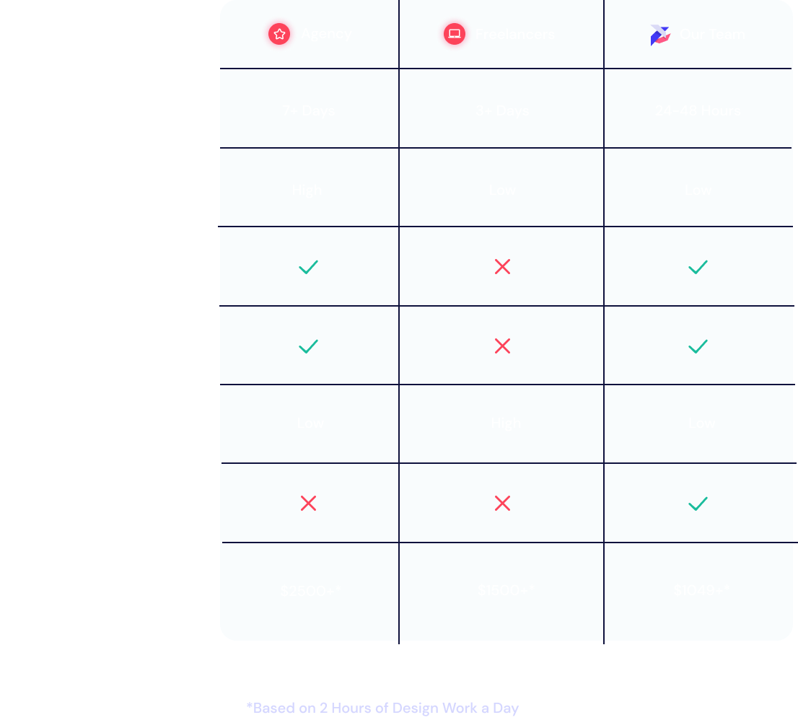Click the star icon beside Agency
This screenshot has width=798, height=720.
tap(279, 34)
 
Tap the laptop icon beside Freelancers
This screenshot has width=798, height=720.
tap(455, 34)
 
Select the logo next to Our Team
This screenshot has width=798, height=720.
tap(659, 35)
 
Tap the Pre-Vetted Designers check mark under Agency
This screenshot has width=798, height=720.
tap(308, 267)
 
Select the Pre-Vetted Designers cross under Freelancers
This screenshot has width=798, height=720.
tap(502, 267)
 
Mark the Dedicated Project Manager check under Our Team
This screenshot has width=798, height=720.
tap(698, 346)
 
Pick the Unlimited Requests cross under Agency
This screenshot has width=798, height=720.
tap(308, 503)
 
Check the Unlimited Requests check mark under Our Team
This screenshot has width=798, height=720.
tap(698, 503)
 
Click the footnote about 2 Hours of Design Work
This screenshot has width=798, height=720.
tap(382, 708)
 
